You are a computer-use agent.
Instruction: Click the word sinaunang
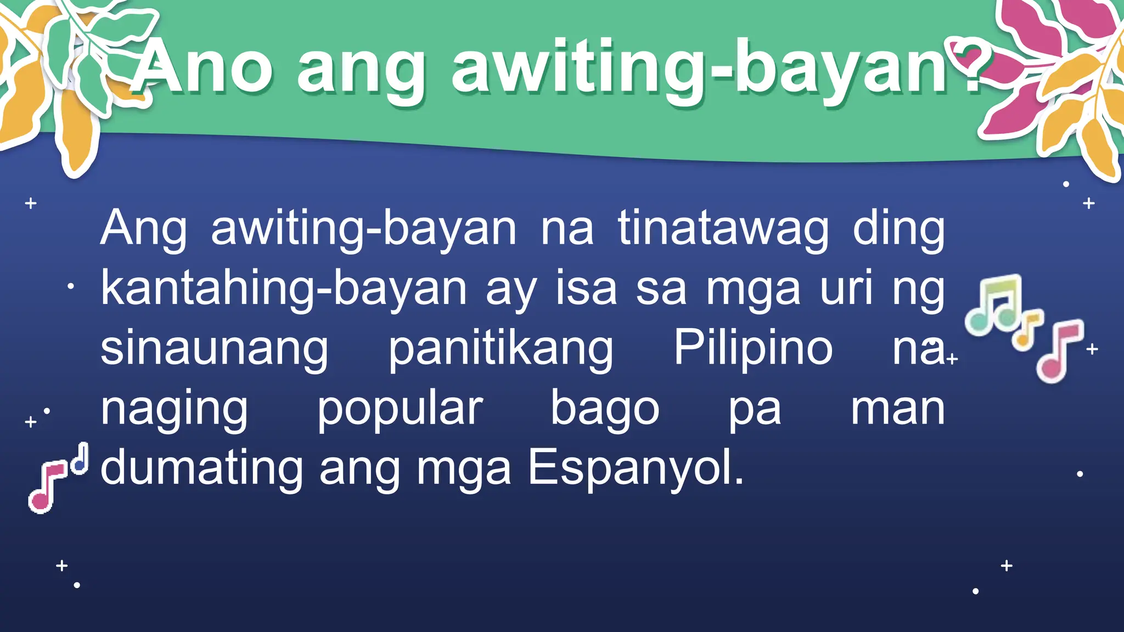click(x=215, y=349)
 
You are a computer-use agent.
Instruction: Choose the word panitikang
click(x=501, y=349)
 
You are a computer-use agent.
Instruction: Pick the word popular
click(x=400, y=409)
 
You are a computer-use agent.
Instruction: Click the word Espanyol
click(x=636, y=469)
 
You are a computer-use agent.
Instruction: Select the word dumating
click(x=201, y=469)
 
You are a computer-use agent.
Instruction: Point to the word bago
click(x=605, y=409)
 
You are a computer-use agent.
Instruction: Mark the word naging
click(x=174, y=409)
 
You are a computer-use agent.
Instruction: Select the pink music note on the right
click(x=1060, y=351)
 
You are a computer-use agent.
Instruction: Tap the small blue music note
click(x=81, y=459)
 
